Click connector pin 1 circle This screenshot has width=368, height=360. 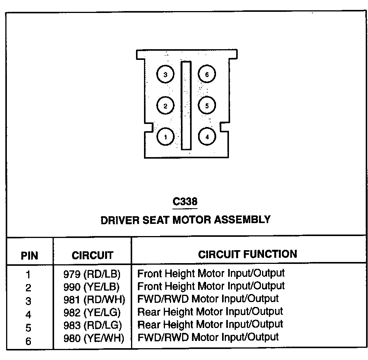pos(165,137)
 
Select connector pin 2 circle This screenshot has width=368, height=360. pos(165,106)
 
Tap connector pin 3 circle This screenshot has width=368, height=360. pos(165,75)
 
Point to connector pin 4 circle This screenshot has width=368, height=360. pos(207,137)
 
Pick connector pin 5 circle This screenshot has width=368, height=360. pos(207,106)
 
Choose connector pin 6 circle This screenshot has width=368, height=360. pos(207,75)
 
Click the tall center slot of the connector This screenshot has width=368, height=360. pos(186,105)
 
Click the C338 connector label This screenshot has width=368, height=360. pos(186,201)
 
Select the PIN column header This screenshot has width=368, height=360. pos(29,256)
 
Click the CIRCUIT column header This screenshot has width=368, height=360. pos(93,255)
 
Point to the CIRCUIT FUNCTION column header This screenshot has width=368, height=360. pos(247,254)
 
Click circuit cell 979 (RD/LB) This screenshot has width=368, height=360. pos(92,274)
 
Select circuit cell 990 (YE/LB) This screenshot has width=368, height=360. pos(92,286)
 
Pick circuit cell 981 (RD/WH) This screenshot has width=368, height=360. pos(94,299)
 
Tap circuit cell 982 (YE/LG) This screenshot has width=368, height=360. pos(92,312)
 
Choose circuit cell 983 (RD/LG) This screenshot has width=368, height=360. pos(93,325)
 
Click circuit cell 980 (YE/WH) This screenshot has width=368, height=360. pos(94,337)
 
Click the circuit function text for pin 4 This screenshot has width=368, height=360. pos(210,312)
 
